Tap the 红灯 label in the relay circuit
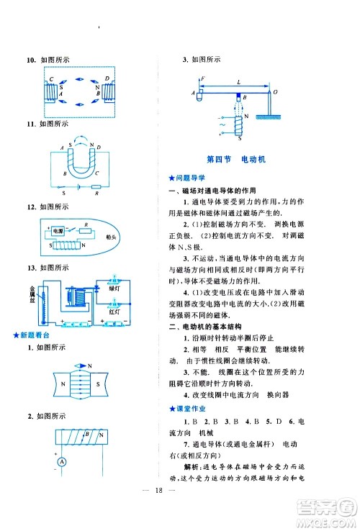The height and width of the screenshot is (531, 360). point(114,312)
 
